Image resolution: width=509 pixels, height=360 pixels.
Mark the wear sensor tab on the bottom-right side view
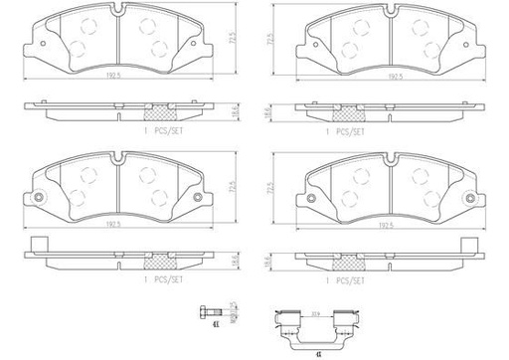click(x=474, y=244)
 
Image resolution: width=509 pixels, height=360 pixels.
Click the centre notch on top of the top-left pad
click(x=118, y=10)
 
